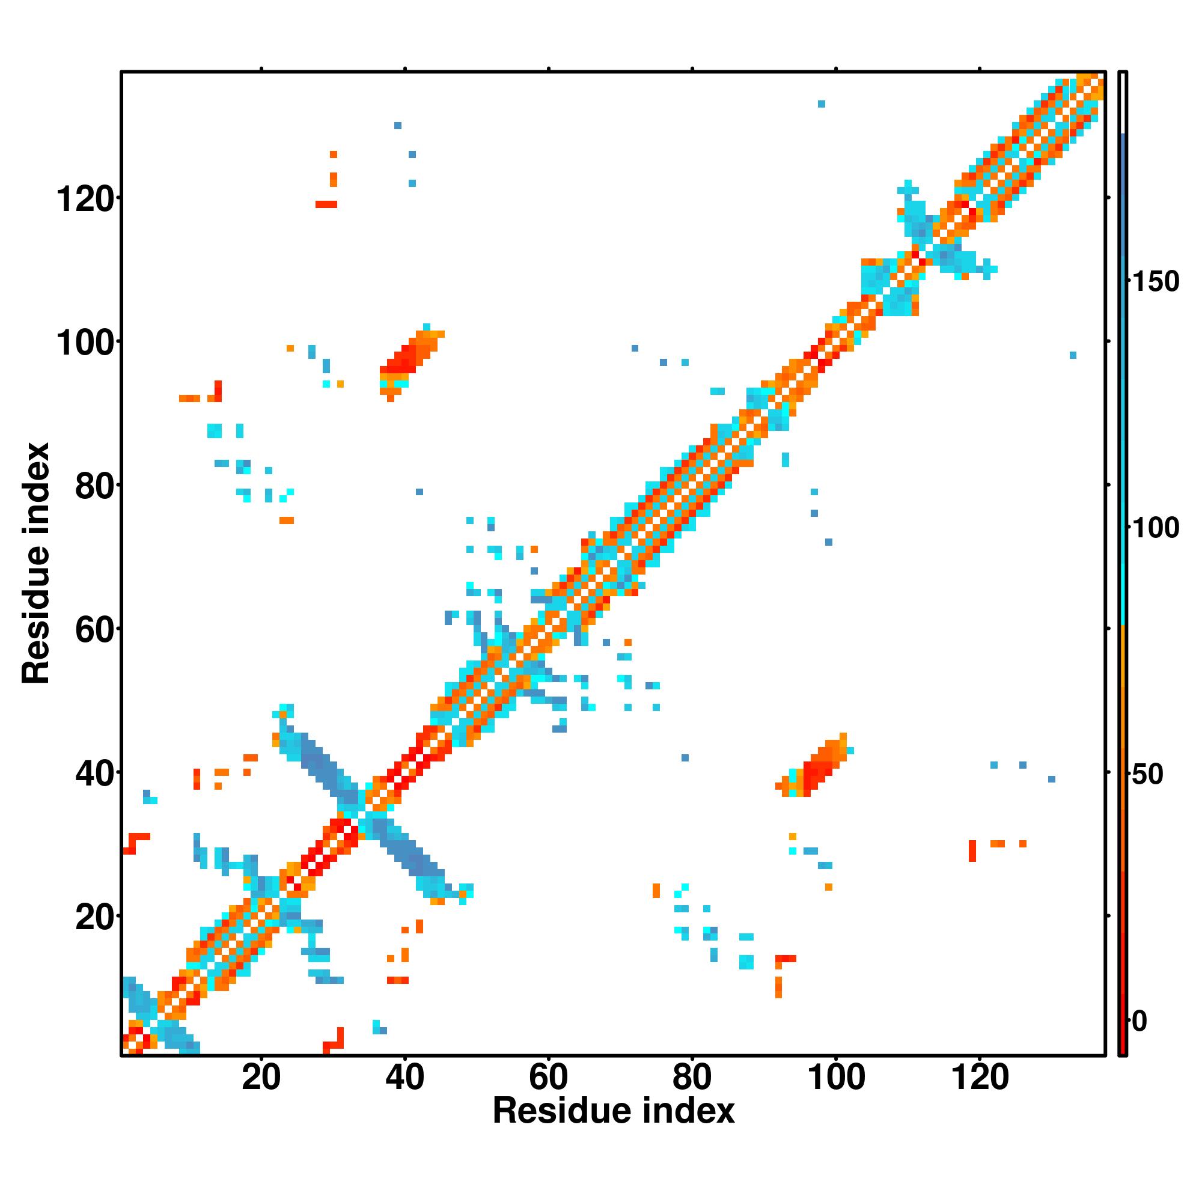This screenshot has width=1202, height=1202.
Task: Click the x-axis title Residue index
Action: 614,1111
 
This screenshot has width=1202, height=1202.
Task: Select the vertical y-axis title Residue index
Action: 35,563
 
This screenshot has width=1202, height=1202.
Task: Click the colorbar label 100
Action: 1155,528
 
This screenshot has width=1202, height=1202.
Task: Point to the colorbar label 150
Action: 1155,282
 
